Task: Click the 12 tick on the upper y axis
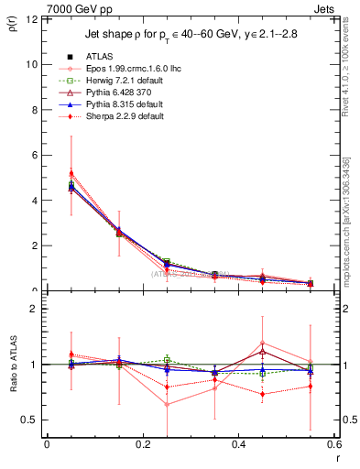33,19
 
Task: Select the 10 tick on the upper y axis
33,64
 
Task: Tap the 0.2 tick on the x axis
142,444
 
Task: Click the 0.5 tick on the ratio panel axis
30,420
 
